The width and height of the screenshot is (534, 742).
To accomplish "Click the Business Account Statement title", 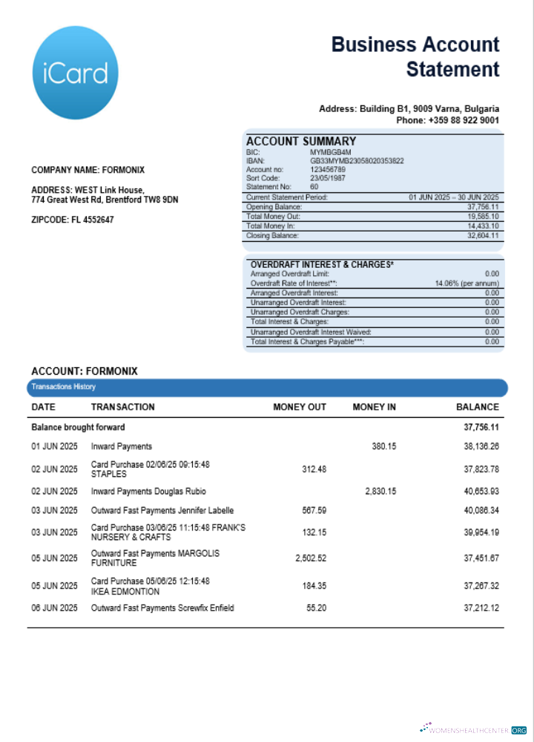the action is [415, 57].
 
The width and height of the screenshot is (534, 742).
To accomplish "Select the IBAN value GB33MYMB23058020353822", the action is [357, 160].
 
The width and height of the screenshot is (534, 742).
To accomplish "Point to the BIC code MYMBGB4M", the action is [330, 152].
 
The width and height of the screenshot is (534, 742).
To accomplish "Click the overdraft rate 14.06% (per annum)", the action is [467, 283].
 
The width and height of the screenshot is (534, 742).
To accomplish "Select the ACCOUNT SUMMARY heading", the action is [301, 142].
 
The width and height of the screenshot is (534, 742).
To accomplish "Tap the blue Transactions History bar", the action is [267, 387].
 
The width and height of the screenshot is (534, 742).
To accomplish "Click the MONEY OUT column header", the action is [300, 407].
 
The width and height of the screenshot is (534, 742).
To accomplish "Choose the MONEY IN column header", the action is [374, 407].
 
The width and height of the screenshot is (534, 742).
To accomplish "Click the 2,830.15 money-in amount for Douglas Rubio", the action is [380, 491].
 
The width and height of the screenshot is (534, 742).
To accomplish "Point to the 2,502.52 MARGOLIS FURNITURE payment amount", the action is [311, 558].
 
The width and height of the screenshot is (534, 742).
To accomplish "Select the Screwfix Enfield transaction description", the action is [162, 608].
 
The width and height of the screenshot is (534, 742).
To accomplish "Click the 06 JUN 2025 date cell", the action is [54, 608].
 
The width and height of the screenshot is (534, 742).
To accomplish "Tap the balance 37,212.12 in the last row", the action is [481, 608].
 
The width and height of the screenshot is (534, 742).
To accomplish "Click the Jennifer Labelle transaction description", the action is [162, 510].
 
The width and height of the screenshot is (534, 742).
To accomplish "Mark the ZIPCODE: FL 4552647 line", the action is [73, 220].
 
